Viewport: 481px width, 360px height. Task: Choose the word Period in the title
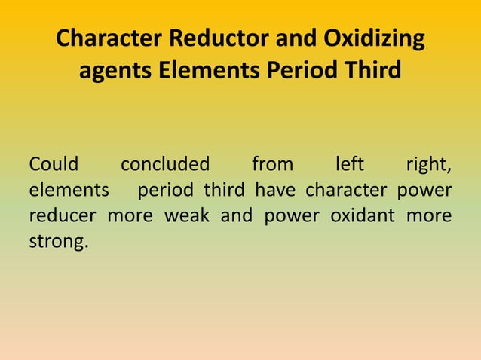pyautogui.click(x=296, y=72)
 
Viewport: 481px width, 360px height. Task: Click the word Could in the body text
pyautogui.click(x=54, y=164)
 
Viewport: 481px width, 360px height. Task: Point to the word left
pyautogui.click(x=349, y=164)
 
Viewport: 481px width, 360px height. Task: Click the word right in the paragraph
pyautogui.click(x=427, y=164)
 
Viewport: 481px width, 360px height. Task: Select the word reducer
pyautogui.click(x=62, y=215)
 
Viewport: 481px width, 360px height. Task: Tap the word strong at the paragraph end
pyautogui.click(x=57, y=241)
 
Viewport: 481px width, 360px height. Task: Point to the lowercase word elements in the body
pyautogui.click(x=69, y=189)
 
